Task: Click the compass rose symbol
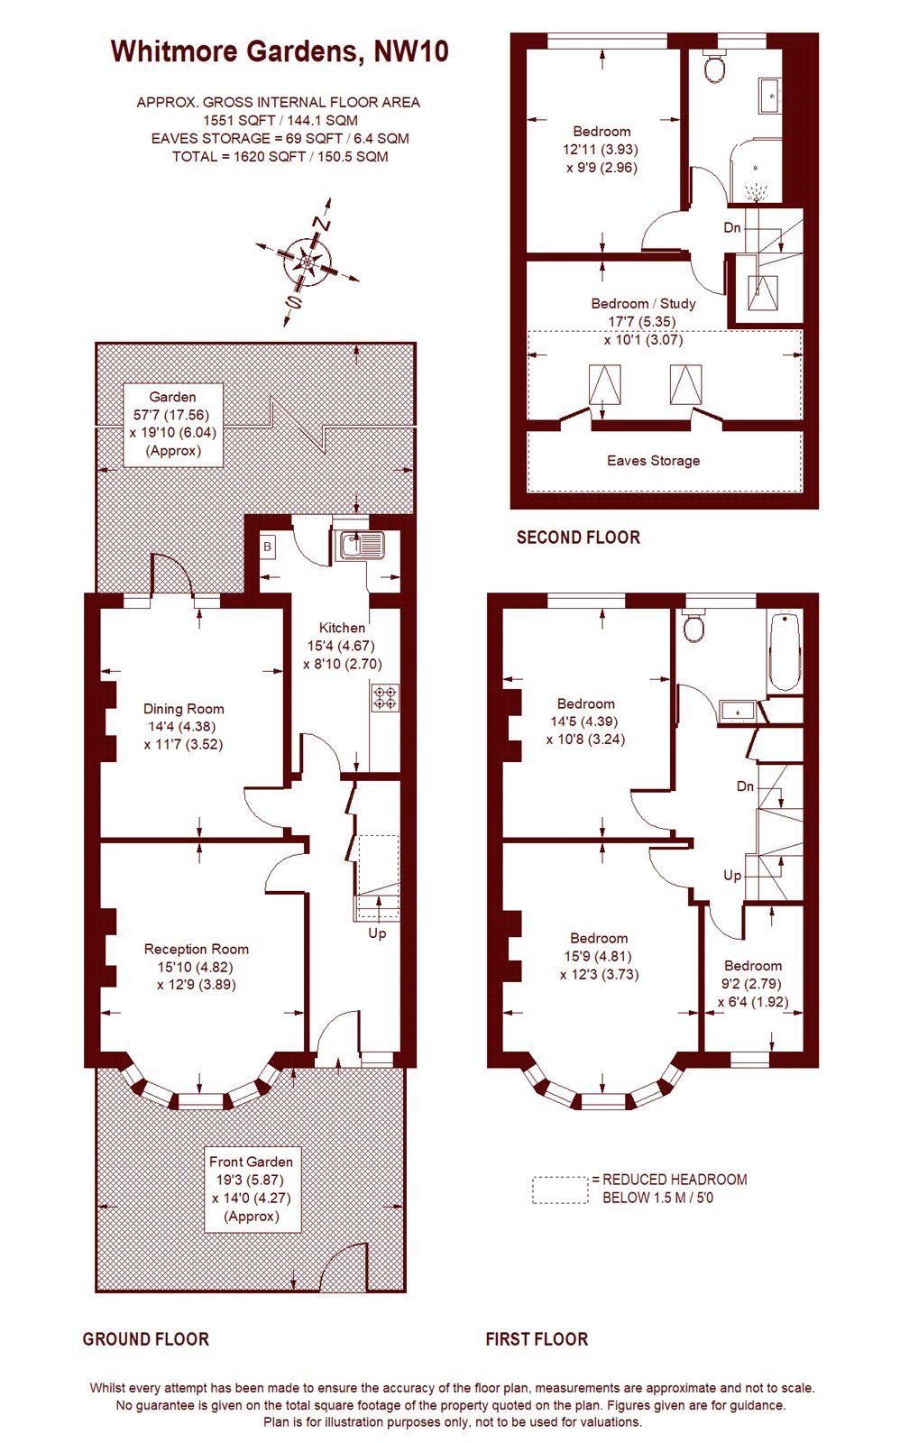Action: [x=308, y=262]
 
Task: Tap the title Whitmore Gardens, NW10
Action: [x=280, y=51]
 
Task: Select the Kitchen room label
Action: [x=342, y=628]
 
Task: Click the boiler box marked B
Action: [x=268, y=547]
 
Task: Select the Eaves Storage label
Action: [x=653, y=461]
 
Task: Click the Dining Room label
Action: [x=184, y=709]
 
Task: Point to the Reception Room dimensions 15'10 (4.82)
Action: [x=196, y=967]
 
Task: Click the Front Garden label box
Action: [x=251, y=1189]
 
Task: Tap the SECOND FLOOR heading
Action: [x=578, y=538]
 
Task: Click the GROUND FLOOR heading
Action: [x=145, y=1339]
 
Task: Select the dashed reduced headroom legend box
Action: [x=559, y=1190]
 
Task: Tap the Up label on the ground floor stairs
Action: [x=377, y=933]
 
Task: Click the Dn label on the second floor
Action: [x=732, y=227]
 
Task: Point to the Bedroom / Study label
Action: [x=643, y=303]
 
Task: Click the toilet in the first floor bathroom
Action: [x=693, y=626]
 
